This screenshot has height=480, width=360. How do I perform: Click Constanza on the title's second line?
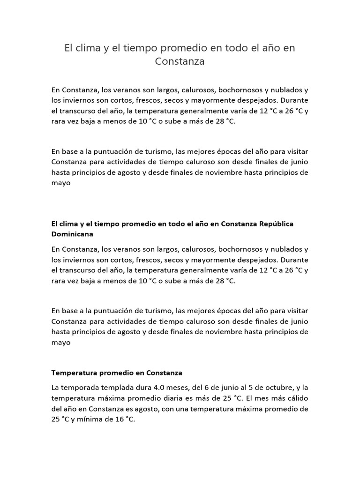click(180, 61)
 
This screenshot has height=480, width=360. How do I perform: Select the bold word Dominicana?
click(73, 233)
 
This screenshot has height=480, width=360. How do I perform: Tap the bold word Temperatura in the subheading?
click(74, 373)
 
